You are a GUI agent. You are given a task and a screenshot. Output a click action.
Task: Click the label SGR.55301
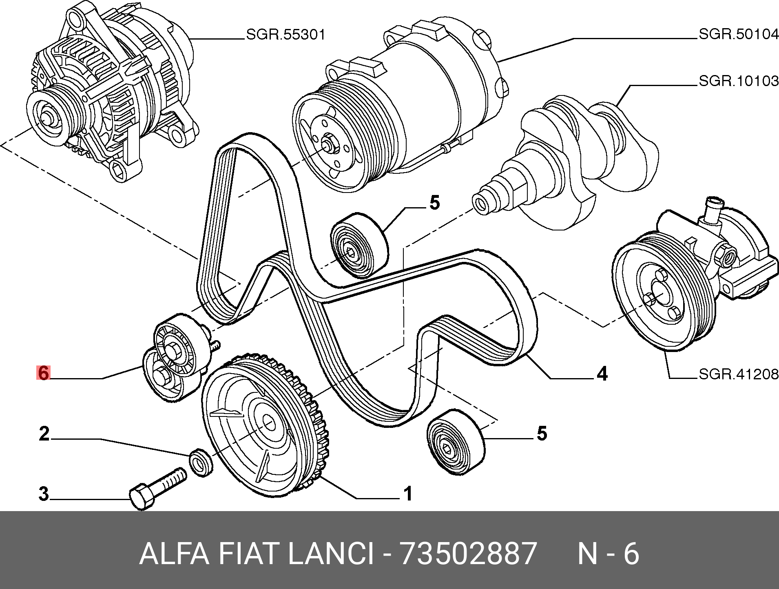pos(285,35)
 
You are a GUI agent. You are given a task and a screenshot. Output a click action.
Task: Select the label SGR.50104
pos(739,34)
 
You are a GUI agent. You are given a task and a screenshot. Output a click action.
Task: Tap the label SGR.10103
pos(739,81)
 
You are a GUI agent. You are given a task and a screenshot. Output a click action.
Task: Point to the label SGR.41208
pos(739,374)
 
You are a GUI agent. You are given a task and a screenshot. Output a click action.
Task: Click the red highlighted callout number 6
pos(43,373)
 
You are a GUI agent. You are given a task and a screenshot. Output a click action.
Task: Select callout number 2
pos(44,434)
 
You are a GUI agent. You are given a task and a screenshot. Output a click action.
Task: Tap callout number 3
pos(44,494)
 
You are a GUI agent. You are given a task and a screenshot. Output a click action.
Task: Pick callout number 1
pos(408,494)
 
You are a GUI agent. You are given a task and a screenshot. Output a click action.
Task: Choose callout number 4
pos(602,374)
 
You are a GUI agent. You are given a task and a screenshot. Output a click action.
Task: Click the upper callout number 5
pos(435,203)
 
